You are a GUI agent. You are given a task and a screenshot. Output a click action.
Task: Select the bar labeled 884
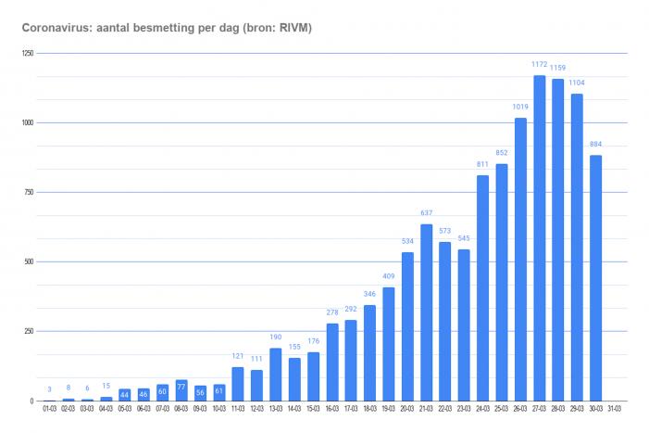[596, 278]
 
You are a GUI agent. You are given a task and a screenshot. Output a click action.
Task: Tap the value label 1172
[540, 65]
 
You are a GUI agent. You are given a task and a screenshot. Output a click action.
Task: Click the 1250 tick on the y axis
[28, 54]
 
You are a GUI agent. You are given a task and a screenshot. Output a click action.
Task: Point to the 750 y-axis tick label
[29, 193]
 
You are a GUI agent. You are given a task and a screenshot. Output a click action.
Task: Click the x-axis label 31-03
[615, 408]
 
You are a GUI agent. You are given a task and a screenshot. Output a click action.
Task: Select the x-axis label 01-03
[49, 408]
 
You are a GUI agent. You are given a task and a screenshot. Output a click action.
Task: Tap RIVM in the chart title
[293, 30]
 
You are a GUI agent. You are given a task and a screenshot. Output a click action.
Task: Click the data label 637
[427, 213]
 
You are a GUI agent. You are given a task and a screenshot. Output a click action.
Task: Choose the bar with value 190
[276, 375]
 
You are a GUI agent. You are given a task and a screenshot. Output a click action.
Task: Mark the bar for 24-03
[483, 288]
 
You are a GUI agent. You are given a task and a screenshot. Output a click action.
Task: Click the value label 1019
[520, 108]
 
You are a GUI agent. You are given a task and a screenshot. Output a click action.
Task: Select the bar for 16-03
[332, 362]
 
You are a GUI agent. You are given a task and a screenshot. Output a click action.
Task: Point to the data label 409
[389, 276]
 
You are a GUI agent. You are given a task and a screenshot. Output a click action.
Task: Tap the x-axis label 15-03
[313, 408]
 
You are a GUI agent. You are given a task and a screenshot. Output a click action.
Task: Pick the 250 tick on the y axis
[29, 332]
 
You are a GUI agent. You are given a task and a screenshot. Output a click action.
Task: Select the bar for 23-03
[465, 325]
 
